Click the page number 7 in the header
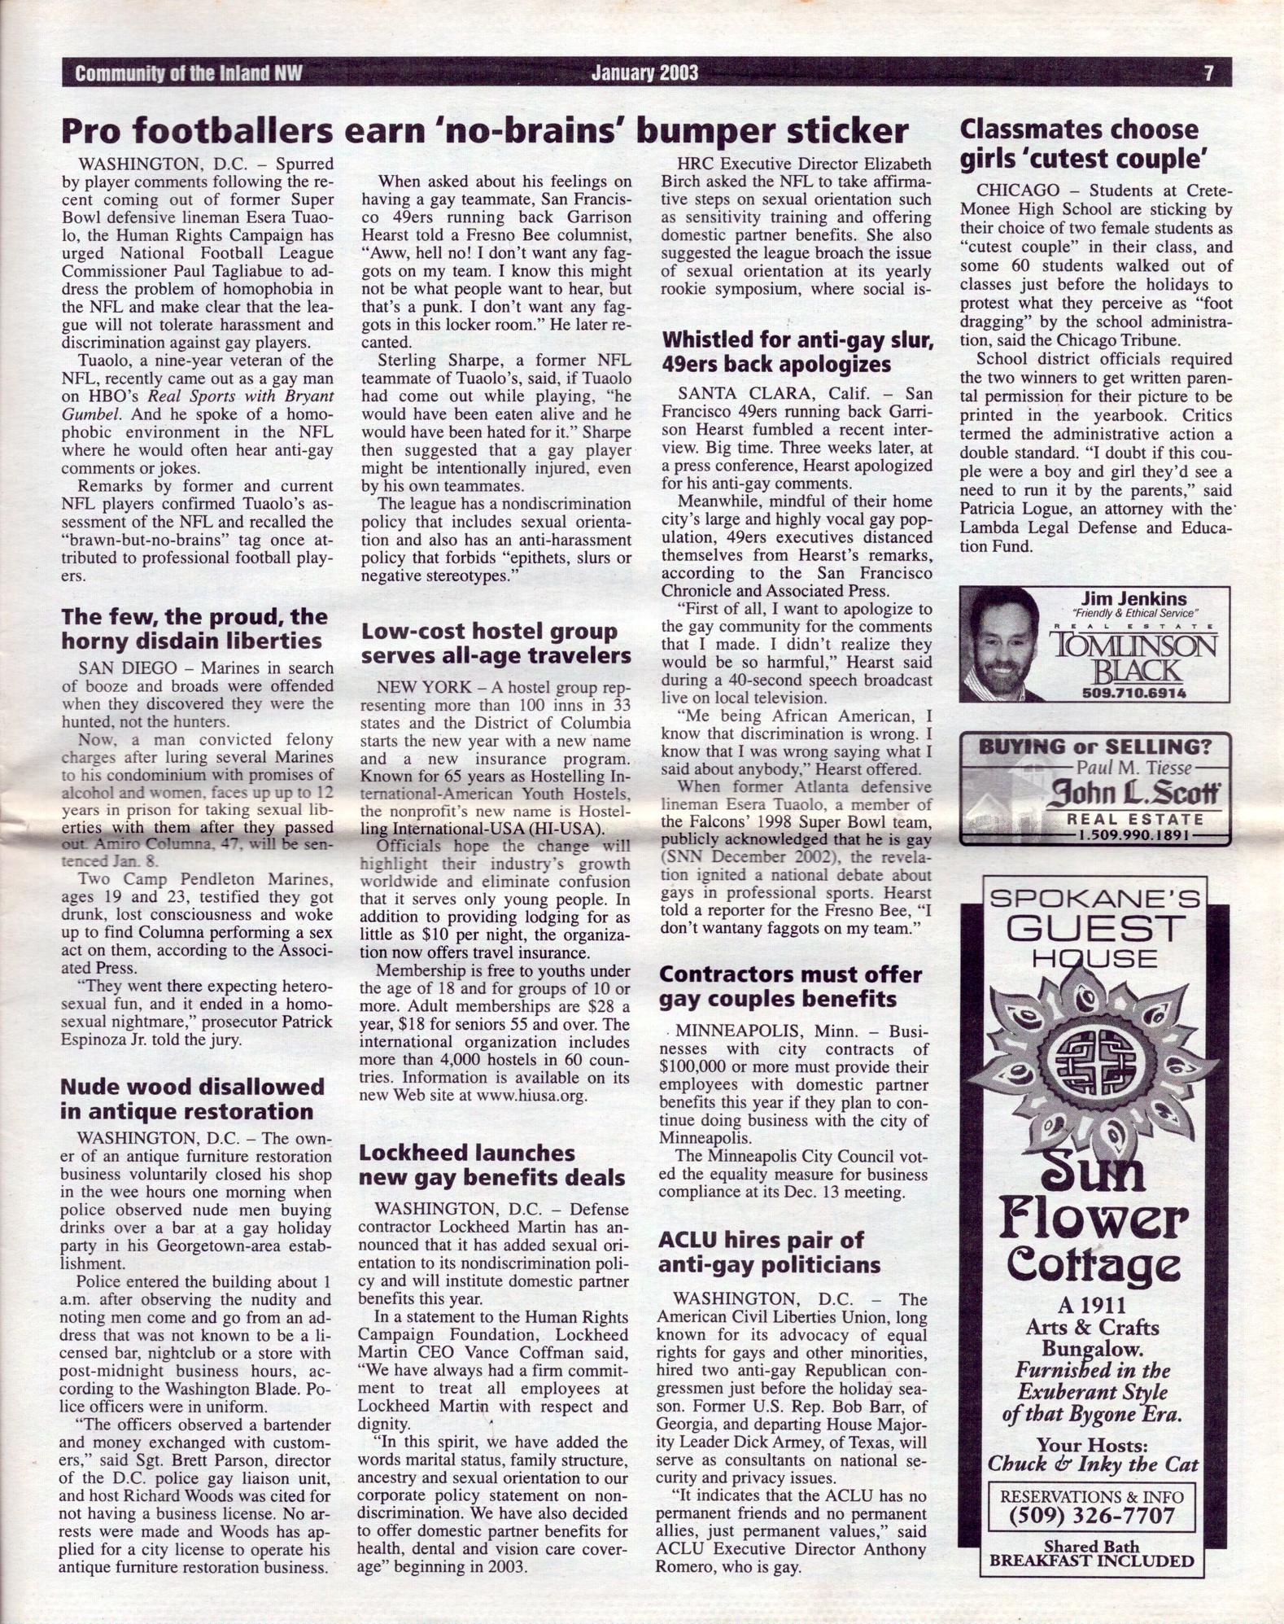(x=1208, y=73)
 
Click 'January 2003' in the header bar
(x=644, y=73)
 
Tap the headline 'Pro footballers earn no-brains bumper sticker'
(x=485, y=131)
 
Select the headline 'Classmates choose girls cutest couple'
(x=1081, y=143)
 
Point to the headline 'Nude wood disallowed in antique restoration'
(x=193, y=1099)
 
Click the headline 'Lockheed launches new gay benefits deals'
(x=491, y=1165)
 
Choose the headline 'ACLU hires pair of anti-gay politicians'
(x=769, y=1252)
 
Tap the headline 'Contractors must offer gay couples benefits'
(x=790, y=987)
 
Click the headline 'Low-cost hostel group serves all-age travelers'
(x=496, y=643)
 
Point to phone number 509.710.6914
(x=1133, y=693)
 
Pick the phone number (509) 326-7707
(x=1091, y=1516)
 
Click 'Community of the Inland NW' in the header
(x=188, y=73)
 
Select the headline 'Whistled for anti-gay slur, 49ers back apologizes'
(x=796, y=352)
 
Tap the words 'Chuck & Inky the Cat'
(x=1093, y=1463)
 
